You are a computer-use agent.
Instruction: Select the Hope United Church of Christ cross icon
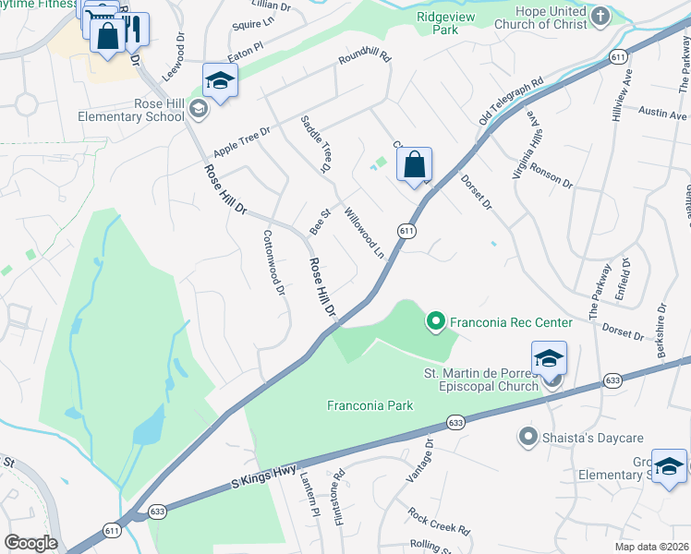pyautogui.click(x=600, y=15)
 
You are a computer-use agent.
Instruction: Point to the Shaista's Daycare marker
pyautogui.click(x=528, y=435)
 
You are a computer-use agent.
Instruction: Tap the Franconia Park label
pyautogui.click(x=370, y=405)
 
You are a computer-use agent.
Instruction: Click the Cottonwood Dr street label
pyautogui.click(x=274, y=263)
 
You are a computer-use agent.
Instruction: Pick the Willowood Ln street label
pyautogui.click(x=364, y=233)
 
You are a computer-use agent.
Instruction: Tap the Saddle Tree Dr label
pyautogui.click(x=315, y=144)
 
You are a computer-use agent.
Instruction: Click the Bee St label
pyautogui.click(x=319, y=223)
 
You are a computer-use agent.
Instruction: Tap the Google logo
pyautogui.click(x=30, y=543)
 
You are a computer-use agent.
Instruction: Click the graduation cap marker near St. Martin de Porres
pyautogui.click(x=549, y=358)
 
